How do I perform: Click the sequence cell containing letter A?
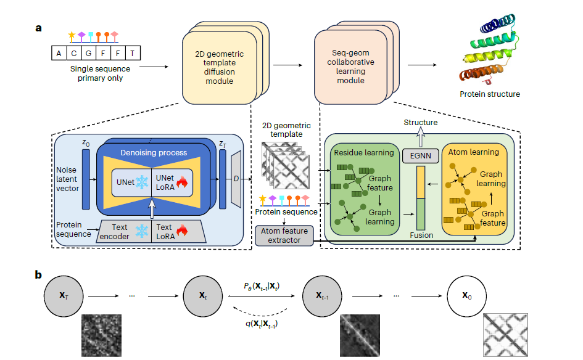click(x=59, y=53)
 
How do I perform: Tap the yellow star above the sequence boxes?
click(x=72, y=35)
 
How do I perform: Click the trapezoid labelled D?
click(x=237, y=179)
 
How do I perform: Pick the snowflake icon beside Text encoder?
click(x=142, y=231)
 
